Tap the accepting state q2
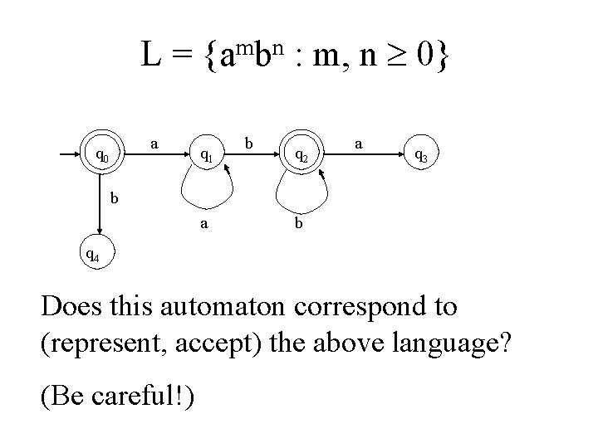[x=302, y=155]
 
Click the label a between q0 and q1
[x=154, y=144]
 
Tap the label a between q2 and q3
[x=358, y=143]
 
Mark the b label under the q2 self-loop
[x=299, y=222]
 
